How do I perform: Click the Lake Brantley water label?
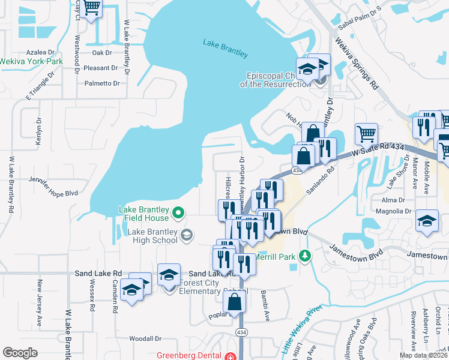[x=225, y=47]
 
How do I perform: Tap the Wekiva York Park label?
[x=31, y=61]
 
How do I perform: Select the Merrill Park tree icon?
[x=306, y=257]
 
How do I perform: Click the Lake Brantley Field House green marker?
[x=178, y=212]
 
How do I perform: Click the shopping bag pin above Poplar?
[x=237, y=302]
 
